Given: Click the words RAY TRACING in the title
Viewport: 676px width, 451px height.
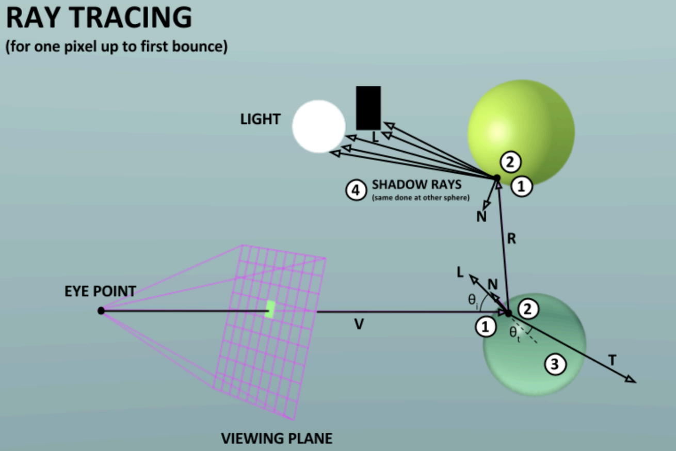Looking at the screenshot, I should coord(99,18).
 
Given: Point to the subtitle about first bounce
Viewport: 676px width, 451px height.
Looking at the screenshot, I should coord(117,47).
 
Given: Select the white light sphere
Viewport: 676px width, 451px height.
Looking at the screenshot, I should coord(318,126).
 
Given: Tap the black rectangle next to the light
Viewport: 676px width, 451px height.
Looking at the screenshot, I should coord(368,108).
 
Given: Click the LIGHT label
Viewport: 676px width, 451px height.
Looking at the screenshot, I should coord(261,119).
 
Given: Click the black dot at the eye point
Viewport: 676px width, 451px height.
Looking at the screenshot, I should coord(101,310).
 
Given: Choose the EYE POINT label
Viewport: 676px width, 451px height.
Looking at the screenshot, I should coord(100,291).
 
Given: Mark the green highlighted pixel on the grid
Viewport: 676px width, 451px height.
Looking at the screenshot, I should coord(270,309).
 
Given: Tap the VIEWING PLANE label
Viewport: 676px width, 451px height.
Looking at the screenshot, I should coord(277,439).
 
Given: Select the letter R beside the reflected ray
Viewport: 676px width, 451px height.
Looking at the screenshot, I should coord(511,239).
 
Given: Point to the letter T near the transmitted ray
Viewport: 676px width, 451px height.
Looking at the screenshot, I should coord(612,361).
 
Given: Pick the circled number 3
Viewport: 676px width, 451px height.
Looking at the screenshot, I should coord(555,365).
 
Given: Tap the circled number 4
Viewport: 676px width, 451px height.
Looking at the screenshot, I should coord(355,190).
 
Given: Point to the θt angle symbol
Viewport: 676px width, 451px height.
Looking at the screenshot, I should coord(514,333).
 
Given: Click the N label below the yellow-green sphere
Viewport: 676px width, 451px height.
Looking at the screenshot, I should coord(481,217).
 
